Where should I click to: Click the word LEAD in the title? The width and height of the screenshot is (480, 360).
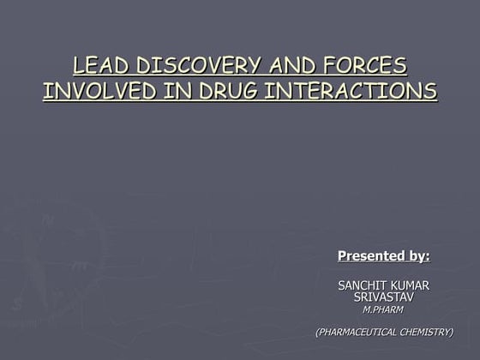pos(98,66)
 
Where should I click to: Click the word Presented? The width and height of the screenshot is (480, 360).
pos(370,255)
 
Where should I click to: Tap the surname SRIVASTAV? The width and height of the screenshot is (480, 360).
pos(383,297)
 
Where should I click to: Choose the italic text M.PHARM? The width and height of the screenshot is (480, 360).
pos(383,309)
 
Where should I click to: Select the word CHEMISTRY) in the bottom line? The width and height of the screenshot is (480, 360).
pos(426,332)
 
